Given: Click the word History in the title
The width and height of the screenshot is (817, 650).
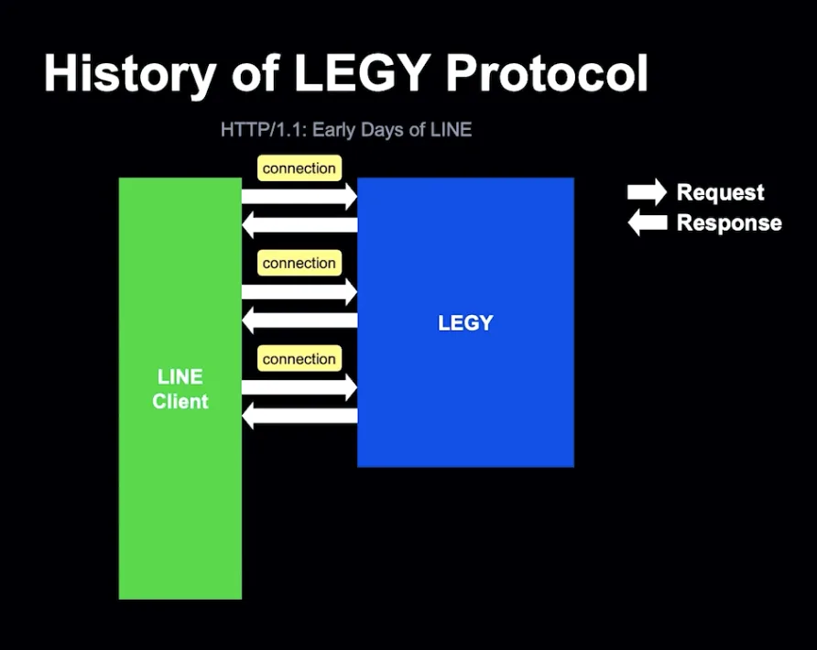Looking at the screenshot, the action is click(130, 73).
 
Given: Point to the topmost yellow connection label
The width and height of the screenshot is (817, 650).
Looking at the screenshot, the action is click(300, 168).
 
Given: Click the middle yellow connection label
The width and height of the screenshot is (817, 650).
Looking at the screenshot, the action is click(300, 263).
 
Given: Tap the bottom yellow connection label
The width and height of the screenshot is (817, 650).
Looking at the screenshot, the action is click(300, 359).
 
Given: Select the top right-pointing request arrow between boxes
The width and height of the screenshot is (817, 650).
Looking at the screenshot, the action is click(300, 196).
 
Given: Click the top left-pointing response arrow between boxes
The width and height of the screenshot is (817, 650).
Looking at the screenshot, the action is click(300, 225).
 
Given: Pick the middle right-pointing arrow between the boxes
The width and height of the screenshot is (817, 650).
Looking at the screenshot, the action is click(300, 292).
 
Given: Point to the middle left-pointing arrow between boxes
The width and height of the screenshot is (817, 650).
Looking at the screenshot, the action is click(300, 320).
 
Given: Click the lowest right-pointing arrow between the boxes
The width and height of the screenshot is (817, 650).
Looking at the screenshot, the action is click(300, 387).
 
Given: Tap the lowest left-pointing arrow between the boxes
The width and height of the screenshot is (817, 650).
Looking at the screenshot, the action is click(300, 416).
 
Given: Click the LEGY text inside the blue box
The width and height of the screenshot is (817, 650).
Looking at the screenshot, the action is click(465, 323).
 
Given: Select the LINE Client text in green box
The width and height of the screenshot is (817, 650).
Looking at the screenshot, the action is click(180, 389).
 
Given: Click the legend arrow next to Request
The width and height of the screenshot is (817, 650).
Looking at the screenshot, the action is click(648, 192).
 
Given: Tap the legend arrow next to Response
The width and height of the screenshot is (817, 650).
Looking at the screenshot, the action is click(648, 222).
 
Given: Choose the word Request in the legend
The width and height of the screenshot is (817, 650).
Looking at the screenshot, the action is click(720, 192).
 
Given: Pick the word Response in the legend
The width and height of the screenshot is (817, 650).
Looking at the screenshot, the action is click(729, 222).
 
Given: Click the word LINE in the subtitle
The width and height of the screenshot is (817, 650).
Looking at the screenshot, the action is click(451, 130).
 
